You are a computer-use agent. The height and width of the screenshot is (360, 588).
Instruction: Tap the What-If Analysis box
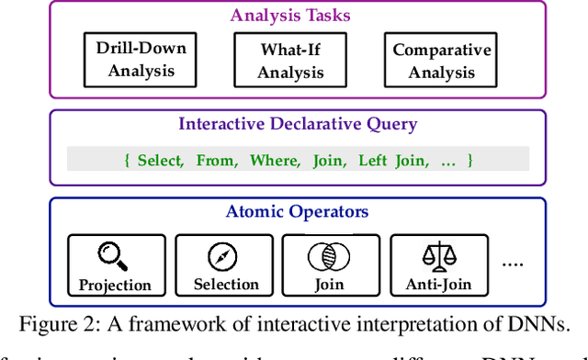(x=290, y=61)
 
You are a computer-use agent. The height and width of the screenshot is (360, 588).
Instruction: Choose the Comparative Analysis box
(x=442, y=61)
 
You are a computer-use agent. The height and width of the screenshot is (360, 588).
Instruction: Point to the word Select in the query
(x=161, y=161)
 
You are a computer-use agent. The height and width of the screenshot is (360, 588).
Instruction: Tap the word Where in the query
(x=274, y=161)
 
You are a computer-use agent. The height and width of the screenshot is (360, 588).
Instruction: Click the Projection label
(x=115, y=285)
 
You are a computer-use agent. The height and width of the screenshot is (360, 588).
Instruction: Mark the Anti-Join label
(x=438, y=285)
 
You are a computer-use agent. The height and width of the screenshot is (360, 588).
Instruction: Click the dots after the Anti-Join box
(x=512, y=264)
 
